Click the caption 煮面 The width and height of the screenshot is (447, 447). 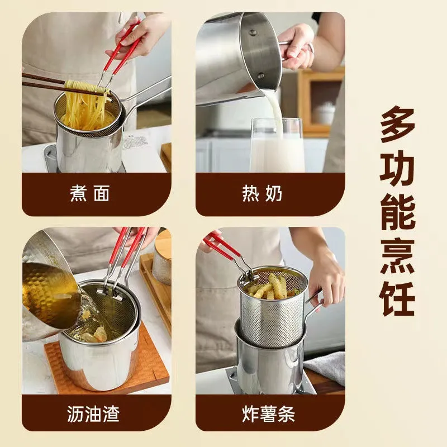tap(89, 193)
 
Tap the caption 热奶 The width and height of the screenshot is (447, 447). tap(262, 193)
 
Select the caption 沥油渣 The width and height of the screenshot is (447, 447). tap(93, 414)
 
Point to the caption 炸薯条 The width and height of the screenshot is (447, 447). tap(268, 414)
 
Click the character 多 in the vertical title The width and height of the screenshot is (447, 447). tap(397, 125)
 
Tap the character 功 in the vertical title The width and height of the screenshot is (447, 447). tap(397, 169)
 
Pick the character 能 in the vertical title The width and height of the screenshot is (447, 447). tap(397, 212)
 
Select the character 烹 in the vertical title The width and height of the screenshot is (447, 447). tap(397, 256)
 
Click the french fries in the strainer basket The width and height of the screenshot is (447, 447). tap(271, 287)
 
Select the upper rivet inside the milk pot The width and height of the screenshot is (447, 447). tap(253, 32)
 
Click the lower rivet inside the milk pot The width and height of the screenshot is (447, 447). tap(260, 76)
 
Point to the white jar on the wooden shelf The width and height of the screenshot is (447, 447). tap(325, 113)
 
